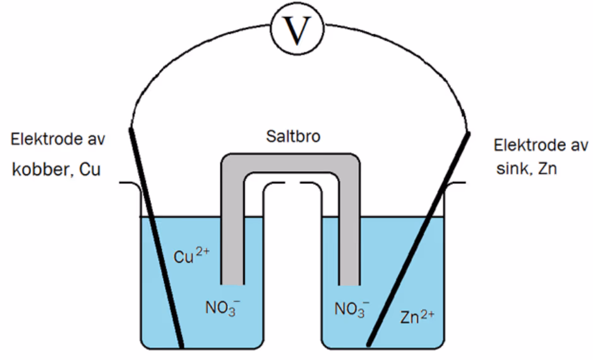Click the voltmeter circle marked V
click(297, 29)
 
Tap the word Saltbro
click(293, 136)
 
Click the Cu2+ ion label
click(191, 255)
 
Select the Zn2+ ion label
click(417, 317)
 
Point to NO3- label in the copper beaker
click(222, 307)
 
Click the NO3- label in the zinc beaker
click(352, 309)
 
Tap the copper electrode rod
click(156, 238)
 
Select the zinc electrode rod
click(418, 239)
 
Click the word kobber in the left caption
click(41, 169)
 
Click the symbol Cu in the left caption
click(90, 170)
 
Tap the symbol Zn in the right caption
click(548, 169)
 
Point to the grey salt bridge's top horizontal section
click(291, 163)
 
